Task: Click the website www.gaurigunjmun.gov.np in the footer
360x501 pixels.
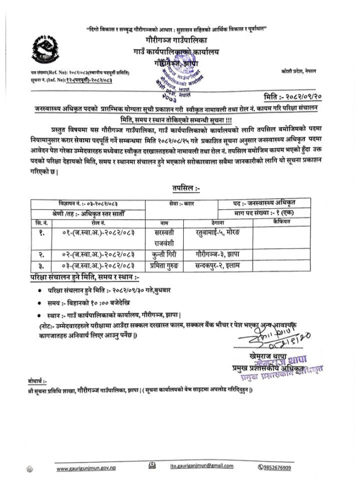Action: click(x=90, y=469)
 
